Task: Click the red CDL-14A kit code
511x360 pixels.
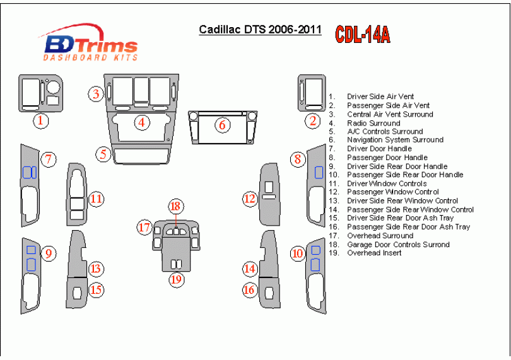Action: tap(362, 34)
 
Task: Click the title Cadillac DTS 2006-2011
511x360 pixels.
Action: tap(260, 30)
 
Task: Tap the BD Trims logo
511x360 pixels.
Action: tap(89, 45)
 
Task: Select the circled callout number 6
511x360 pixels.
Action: tap(222, 125)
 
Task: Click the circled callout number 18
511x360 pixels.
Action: tap(175, 206)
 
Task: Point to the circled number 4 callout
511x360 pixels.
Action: tap(143, 122)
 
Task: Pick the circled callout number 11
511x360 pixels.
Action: tap(96, 199)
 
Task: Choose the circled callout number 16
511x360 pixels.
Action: tap(250, 289)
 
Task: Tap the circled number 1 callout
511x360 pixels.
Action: tap(41, 120)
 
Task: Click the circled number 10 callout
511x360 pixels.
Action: tap(298, 253)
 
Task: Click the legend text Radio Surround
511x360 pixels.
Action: tap(373, 123)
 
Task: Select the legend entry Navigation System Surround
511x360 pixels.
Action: tap(395, 140)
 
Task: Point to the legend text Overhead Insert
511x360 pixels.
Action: tap(373, 253)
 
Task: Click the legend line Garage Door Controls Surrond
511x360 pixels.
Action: tap(398, 244)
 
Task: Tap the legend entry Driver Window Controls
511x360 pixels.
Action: tap(387, 183)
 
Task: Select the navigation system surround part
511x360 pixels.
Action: tap(222, 134)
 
